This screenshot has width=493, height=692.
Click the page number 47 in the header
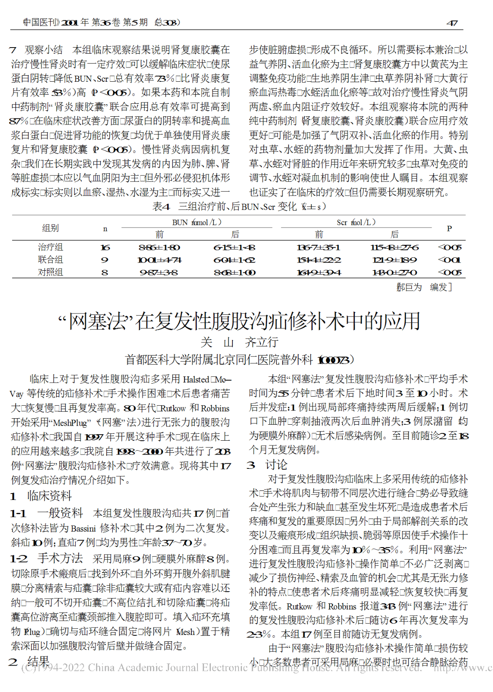[452, 23]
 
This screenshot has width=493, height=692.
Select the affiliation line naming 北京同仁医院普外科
[239, 359]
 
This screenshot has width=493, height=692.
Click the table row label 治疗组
[51, 247]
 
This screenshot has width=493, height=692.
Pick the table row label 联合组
[51, 259]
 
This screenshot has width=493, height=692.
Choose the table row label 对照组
[51, 272]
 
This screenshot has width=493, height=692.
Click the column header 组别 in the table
[51, 228]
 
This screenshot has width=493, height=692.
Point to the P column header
[449, 228]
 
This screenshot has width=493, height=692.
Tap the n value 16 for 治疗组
[105, 247]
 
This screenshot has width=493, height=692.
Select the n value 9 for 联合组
[105, 260]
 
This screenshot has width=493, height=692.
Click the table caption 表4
[161, 206]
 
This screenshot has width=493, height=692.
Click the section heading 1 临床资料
[41, 496]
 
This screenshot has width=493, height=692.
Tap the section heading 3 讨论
[267, 465]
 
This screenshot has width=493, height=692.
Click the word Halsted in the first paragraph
[196, 379]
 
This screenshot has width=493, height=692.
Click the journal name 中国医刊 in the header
[41, 22]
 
